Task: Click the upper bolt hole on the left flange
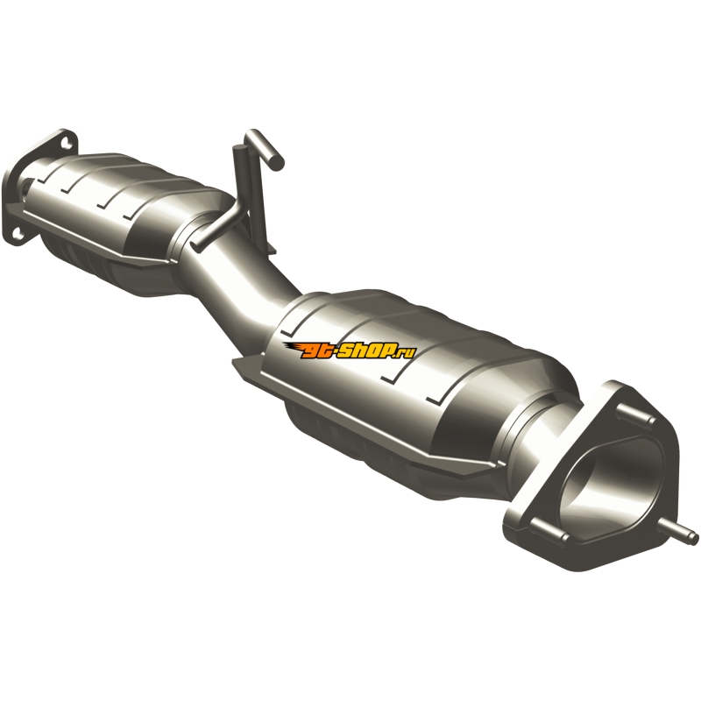point(67,143)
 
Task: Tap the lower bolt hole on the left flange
point(17,233)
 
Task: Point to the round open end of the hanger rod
point(278,164)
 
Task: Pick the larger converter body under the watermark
point(402,380)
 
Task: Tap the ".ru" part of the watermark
point(405,353)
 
